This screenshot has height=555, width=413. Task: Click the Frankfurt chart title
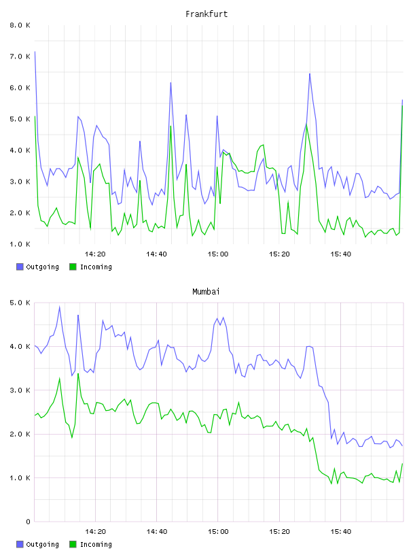tap(206, 14)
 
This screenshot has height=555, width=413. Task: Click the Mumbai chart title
tap(206, 291)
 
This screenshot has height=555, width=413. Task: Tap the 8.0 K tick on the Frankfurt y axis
tap(20, 25)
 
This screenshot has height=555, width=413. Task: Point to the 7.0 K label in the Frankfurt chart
tap(20, 56)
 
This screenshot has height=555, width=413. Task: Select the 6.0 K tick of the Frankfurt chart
tap(20, 88)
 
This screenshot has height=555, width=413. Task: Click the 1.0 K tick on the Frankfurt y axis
tap(20, 244)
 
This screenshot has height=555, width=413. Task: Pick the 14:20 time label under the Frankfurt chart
tap(95, 254)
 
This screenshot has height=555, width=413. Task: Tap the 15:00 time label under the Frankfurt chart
tap(218, 254)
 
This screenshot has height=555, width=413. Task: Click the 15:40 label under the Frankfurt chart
tap(341, 254)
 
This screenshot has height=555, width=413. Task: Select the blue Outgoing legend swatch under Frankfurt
tap(20, 267)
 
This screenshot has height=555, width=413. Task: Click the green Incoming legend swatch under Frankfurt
tap(73, 267)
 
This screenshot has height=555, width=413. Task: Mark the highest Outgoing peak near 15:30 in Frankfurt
tap(310, 73)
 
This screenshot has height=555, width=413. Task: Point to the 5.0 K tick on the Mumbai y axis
tap(20, 303)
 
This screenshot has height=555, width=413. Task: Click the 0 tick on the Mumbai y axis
tap(28, 522)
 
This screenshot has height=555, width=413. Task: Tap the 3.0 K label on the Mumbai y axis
tap(20, 390)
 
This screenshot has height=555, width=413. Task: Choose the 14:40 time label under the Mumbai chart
tap(157, 531)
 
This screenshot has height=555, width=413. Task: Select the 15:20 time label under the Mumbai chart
tap(279, 531)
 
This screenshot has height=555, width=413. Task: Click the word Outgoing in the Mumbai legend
tap(42, 544)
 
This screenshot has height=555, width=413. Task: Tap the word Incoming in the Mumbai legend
tap(96, 544)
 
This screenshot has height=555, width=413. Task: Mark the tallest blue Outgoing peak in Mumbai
tap(59, 307)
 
